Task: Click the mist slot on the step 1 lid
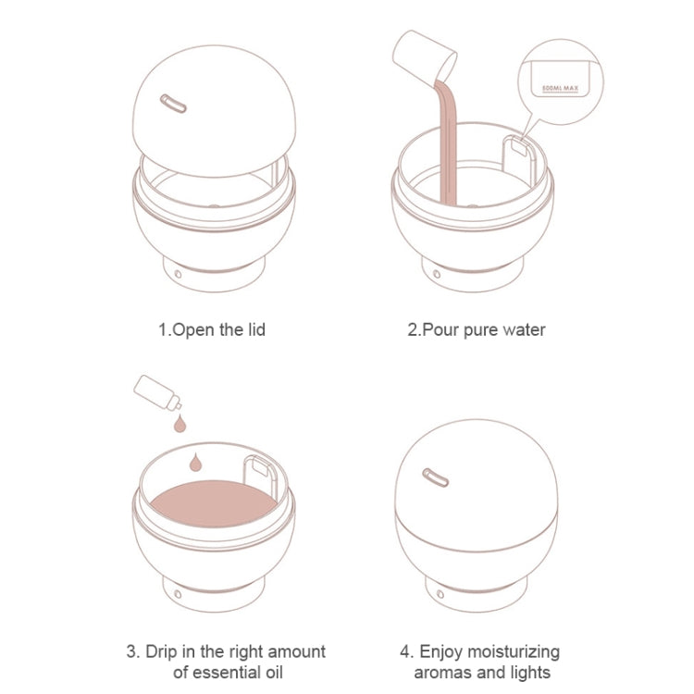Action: pos(173,104)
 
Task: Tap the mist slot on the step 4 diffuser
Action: pos(436,477)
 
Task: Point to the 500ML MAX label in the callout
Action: pos(561,89)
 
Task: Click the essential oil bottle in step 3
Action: pos(157,392)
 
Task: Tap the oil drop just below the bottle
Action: pos(180,423)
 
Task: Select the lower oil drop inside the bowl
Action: pos(195,462)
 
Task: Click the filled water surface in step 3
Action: pos(214,503)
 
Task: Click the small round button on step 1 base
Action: pos(178,274)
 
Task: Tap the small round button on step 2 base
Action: pos(437,274)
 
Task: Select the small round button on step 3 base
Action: pos(178,594)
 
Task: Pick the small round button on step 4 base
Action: pos(440,594)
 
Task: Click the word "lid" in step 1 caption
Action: pos(256,329)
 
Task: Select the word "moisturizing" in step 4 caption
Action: pos(514,652)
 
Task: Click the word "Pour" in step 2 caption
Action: pos(440,330)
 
